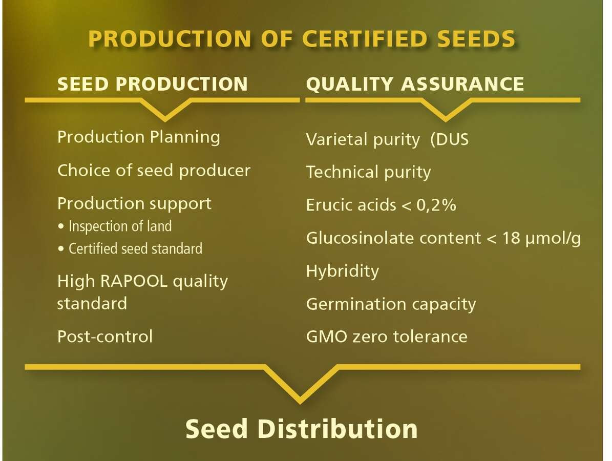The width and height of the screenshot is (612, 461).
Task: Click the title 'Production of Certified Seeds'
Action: point(302,38)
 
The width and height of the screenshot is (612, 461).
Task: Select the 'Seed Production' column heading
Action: point(152,84)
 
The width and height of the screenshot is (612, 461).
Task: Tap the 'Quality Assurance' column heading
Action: point(415,84)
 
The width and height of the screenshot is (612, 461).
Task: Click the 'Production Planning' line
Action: point(139,137)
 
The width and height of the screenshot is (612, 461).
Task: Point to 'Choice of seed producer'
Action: point(154,171)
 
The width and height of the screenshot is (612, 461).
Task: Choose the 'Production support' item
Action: point(134,204)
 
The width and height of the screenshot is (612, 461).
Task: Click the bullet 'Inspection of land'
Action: point(116,226)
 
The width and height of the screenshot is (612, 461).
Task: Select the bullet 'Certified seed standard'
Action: point(131,248)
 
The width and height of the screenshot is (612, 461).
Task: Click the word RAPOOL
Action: point(134,281)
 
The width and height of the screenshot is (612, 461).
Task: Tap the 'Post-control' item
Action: point(105,337)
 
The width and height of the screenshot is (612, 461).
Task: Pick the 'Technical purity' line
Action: point(368,172)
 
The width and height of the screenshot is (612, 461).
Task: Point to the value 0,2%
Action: point(436,205)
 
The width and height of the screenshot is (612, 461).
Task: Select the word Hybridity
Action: point(342,271)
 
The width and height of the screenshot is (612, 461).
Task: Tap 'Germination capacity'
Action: point(391,304)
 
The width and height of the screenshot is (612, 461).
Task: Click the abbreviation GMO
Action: point(327,337)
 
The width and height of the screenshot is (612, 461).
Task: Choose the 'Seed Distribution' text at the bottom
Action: point(301,429)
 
